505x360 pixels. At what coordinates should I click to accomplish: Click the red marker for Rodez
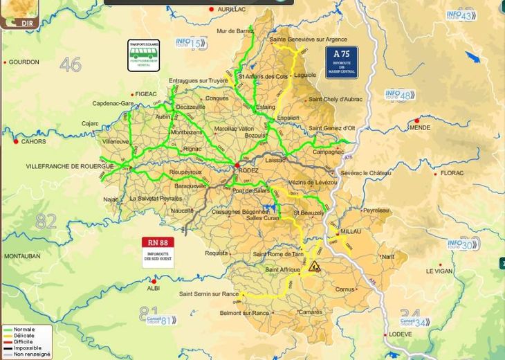237,165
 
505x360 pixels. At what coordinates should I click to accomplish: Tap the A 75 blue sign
342,61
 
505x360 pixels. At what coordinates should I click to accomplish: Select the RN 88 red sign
158,252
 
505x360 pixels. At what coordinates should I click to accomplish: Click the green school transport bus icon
145,55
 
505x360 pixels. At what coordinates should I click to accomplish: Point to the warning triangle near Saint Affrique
314,266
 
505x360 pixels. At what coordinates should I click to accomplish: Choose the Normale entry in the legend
24,329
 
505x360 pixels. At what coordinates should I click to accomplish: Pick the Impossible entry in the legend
27,348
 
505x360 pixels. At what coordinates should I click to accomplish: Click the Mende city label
420,127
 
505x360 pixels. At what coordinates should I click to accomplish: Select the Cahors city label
33,141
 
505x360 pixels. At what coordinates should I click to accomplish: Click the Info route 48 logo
400,95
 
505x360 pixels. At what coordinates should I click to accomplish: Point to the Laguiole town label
304,75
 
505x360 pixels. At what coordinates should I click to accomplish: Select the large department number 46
71,64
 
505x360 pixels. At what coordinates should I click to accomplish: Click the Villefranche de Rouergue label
59,166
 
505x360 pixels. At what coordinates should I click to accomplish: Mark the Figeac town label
146,93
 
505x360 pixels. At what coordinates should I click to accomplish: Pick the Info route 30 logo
463,244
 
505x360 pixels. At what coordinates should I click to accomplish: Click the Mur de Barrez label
236,30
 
